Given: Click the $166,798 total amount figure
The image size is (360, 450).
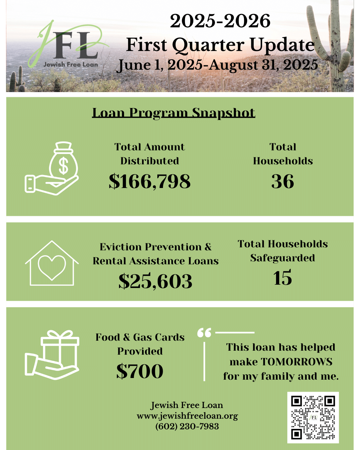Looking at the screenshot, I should pos(150,182).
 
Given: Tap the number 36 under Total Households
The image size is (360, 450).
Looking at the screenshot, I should pos(283,182).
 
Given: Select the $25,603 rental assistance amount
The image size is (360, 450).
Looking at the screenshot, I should pos(155,281).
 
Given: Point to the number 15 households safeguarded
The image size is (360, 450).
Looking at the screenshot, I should pos(282,278).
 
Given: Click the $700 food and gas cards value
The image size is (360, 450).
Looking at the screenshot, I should pos(140,371).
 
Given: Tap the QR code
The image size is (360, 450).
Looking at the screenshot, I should pos(313,417).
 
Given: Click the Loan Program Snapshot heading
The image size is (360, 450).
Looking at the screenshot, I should pos(174,113).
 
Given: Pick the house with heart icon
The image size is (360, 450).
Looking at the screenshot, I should pos(52,264).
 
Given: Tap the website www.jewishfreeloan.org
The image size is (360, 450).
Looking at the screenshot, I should pos(187,416).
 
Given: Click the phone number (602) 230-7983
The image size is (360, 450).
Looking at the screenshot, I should pos(187,426).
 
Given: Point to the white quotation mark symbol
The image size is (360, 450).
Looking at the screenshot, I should pos(204,333).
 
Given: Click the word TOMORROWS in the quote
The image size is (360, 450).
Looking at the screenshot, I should pos(297,362).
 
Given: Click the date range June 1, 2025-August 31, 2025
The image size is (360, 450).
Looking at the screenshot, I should pos(217,65).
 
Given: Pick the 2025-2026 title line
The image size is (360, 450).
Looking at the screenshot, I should pos(220,21).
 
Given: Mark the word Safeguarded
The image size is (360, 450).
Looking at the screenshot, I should pos(283,258).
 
